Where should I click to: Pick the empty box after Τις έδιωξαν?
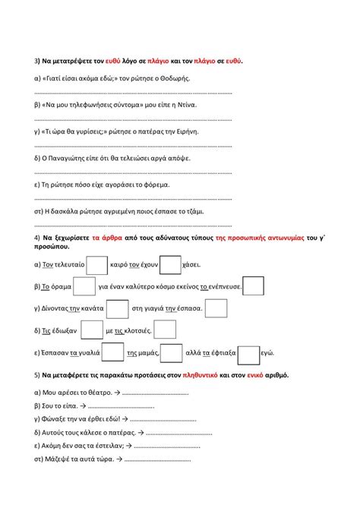coord(91,330)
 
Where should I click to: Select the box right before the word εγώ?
coord(248,353)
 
